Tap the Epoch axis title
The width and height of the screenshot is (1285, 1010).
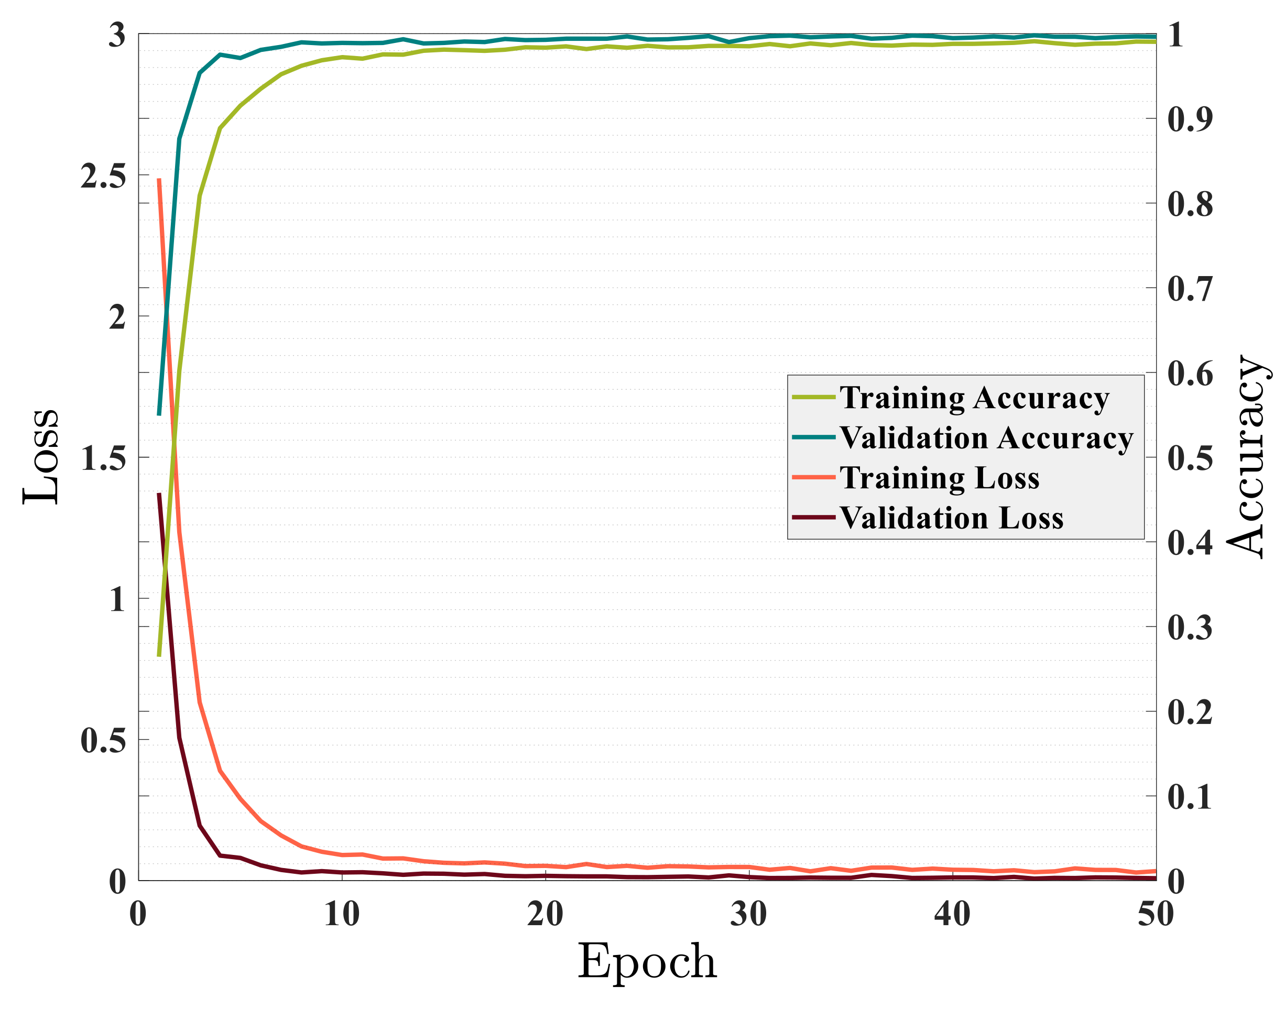[x=647, y=961]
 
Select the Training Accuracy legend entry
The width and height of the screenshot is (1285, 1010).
[x=974, y=398]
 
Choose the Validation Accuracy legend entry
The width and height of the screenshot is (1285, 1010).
[x=986, y=437]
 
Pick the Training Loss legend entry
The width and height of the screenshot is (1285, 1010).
[x=939, y=477]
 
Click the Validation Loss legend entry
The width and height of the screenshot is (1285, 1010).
[x=951, y=518]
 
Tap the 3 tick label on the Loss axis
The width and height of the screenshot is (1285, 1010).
[x=117, y=36]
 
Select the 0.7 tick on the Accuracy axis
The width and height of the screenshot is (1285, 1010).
[x=1190, y=289]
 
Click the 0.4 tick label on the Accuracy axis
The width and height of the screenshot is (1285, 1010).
[x=1190, y=543]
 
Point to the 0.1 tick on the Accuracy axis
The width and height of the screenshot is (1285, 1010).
[x=1190, y=797]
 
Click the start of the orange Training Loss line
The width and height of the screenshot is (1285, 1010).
[x=159, y=179]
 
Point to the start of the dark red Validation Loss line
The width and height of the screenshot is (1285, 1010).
[x=159, y=494]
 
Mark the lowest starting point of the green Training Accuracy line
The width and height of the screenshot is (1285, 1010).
[x=159, y=656]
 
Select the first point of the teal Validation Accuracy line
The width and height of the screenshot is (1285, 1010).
[x=159, y=415]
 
